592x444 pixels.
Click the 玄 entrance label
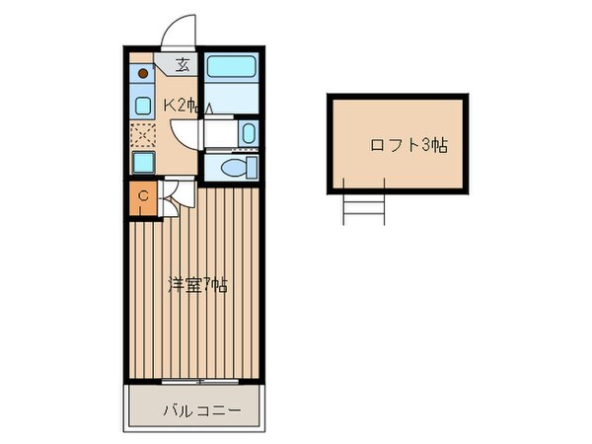(x=184, y=67)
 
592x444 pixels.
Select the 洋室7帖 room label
(x=196, y=286)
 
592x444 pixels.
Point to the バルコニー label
(x=195, y=409)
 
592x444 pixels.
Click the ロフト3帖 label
(x=408, y=146)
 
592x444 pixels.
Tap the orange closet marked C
(x=142, y=197)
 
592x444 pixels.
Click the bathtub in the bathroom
(x=233, y=69)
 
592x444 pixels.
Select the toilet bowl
(x=233, y=169)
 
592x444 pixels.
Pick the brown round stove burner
(x=143, y=73)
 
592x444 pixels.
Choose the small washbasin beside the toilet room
(x=246, y=133)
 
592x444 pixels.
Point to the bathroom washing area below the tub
(x=233, y=101)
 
